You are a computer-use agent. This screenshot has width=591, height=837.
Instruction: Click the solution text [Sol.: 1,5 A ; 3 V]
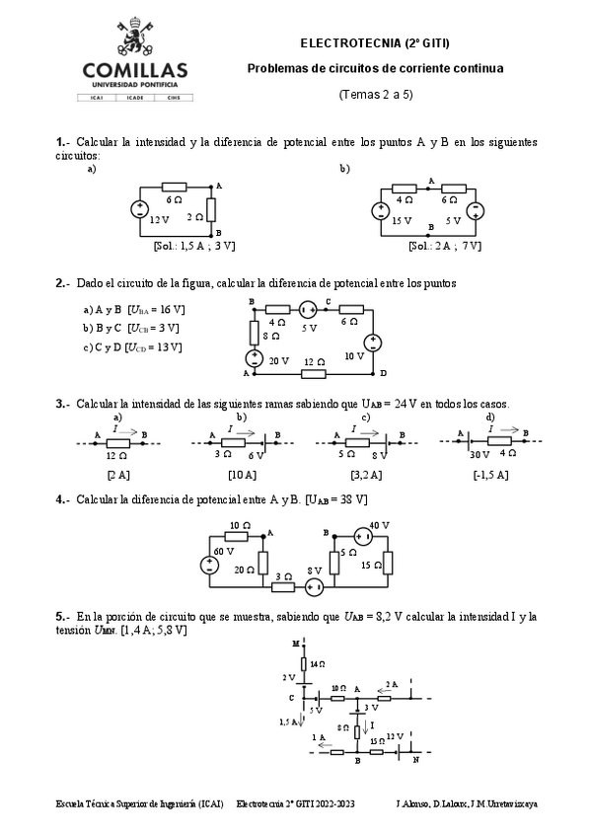pos(194,244)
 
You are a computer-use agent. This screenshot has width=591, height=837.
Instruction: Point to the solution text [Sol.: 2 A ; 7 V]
pos(443,245)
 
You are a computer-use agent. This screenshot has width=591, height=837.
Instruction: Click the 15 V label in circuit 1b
pos(402,221)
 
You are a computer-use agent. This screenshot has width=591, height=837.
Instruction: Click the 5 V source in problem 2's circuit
pos(307,310)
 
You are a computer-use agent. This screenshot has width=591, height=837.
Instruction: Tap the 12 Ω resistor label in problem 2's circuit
pos(313,361)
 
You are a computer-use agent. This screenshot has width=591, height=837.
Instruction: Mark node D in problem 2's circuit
pos(383,373)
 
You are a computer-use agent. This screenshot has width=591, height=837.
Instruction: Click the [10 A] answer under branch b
pos(242,474)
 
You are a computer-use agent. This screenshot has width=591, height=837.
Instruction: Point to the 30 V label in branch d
pos(480,454)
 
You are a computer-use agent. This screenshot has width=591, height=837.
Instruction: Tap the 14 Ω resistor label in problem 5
pos(317,665)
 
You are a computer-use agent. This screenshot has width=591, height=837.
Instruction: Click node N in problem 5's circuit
pos(415,761)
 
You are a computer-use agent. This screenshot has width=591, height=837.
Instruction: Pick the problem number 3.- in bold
pos(62,403)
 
